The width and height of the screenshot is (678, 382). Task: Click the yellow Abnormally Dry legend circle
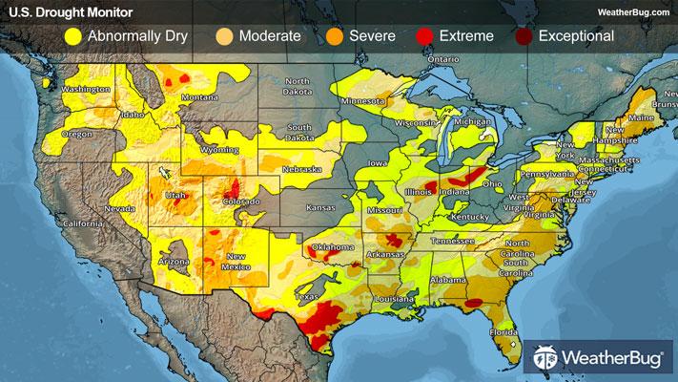(72, 36)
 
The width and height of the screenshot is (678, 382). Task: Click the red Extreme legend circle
(424, 36)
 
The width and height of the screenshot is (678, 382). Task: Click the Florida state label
(503, 332)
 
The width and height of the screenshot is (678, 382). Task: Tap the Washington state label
(83, 90)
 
